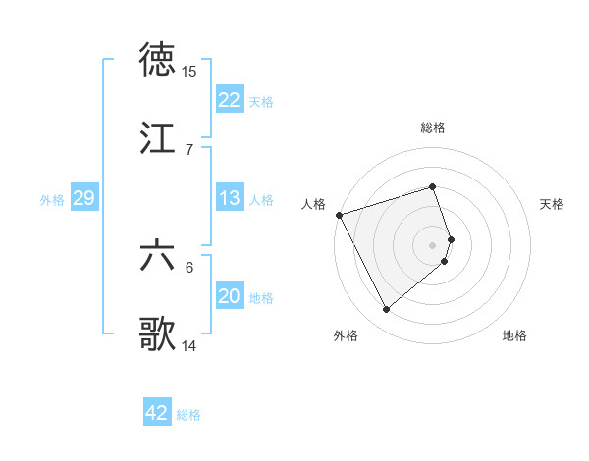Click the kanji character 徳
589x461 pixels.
(158, 60)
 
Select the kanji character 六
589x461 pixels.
(158, 256)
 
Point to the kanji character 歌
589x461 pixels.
(158, 333)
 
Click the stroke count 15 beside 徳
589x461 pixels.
(189, 72)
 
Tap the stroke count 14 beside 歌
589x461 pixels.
(189, 345)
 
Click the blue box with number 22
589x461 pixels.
(230, 100)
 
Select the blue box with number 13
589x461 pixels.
(230, 198)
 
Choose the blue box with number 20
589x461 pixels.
(230, 296)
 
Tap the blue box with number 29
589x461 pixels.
(83, 198)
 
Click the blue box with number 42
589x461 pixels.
(157, 413)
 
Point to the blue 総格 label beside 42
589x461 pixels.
(188, 415)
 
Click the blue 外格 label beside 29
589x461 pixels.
(52, 200)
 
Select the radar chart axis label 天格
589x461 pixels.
(553, 204)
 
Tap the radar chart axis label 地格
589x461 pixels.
(514, 335)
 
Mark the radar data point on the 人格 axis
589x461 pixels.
(339, 215)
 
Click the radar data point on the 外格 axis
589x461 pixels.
(387, 310)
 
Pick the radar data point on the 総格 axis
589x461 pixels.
(433, 186)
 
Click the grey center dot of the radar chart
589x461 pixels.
(433, 245)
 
